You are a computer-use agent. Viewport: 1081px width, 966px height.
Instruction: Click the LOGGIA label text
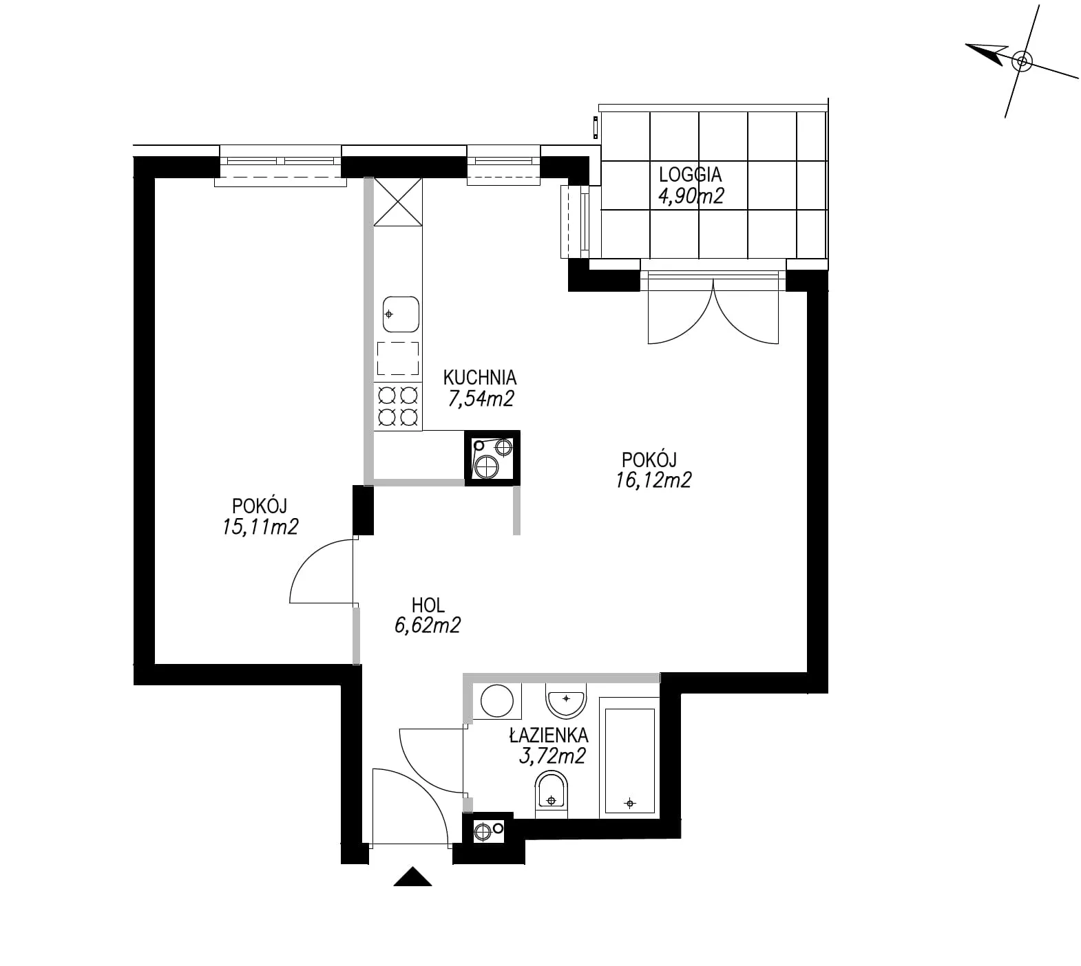691,175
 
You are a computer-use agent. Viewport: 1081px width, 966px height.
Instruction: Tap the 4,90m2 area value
691,196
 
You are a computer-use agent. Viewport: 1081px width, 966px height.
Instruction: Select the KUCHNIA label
479,377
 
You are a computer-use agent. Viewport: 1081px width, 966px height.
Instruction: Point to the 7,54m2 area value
481,398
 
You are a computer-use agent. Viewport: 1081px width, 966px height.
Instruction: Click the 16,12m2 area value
653,480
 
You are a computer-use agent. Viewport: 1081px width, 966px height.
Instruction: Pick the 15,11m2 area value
256,527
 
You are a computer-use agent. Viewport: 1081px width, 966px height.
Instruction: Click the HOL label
428,605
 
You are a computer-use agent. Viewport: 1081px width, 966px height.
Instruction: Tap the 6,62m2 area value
428,625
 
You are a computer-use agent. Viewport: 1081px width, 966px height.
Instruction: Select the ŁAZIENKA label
549,735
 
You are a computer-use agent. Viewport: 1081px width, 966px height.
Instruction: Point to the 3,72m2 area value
552,756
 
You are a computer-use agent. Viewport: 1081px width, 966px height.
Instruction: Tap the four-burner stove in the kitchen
397,406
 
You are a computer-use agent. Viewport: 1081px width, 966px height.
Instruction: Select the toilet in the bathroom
552,795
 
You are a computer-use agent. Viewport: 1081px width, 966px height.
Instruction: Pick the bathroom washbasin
565,700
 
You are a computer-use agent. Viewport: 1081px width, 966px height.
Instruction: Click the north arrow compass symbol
1022,61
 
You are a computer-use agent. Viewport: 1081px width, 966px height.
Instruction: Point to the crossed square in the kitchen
397,202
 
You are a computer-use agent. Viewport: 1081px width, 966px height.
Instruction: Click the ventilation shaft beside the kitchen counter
492,458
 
